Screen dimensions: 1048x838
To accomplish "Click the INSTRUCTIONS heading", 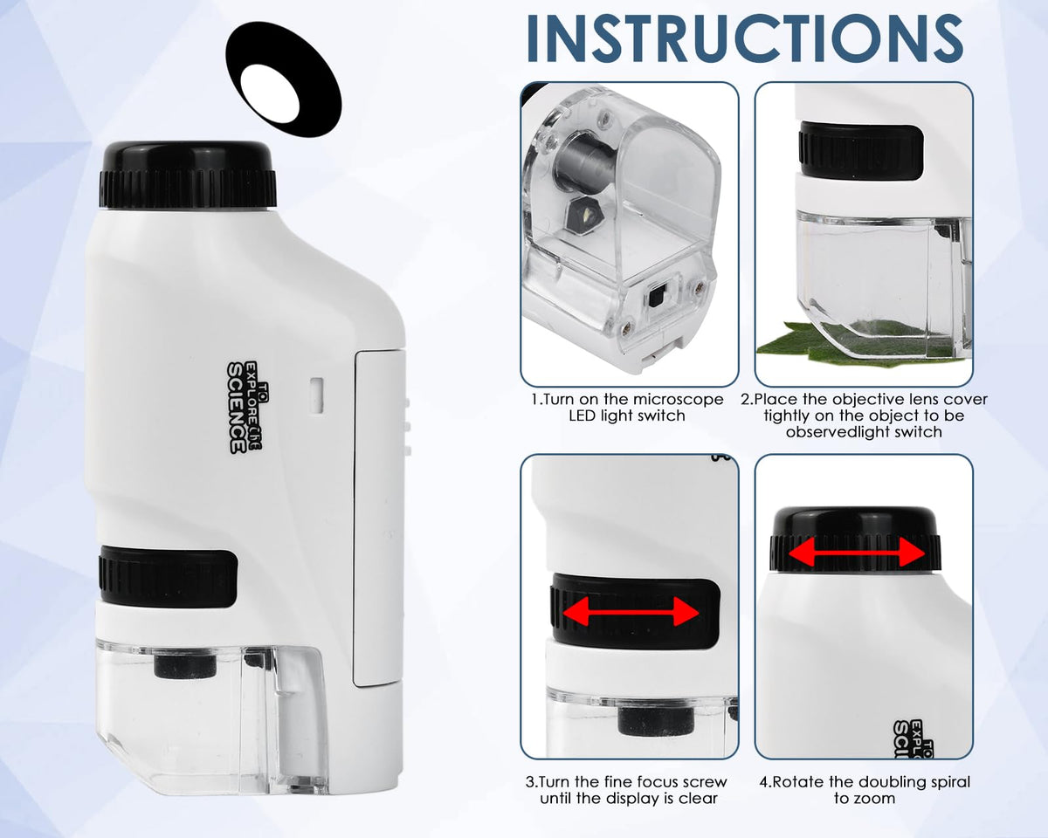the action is pos(745,38).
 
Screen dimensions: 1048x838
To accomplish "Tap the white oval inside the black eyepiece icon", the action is pos(270,93).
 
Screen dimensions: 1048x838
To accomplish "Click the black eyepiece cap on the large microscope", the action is pos(188,175).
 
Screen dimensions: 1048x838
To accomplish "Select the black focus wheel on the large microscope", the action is pos(168,576).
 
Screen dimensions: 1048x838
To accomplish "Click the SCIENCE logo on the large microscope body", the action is pos(245,407).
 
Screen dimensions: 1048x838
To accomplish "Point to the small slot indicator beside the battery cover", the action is pos(317,396).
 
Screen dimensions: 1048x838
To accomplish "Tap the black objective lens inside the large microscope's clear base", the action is pos(185,666).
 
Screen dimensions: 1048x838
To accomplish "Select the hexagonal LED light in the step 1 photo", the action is pos(585,216).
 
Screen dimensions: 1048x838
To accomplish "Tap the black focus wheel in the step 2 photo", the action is pos(860,151).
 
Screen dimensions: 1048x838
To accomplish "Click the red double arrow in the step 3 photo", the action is pos(631,611).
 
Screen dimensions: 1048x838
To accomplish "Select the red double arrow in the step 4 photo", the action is pos(857,553).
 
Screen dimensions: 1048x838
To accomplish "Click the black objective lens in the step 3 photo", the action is pos(656,722).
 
